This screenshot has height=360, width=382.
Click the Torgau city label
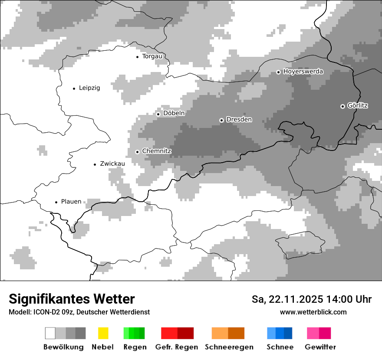tap(152, 56)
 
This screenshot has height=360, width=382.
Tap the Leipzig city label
tap(89, 88)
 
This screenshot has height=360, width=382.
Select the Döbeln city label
tap(174, 113)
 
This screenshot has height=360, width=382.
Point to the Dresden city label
tap(239, 120)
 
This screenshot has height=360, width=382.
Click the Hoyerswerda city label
tap(303, 72)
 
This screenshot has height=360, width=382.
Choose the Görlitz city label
tap(358, 105)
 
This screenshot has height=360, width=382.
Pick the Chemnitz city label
tap(157, 151)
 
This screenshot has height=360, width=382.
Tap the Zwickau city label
tap(112, 164)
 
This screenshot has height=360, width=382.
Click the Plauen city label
tap(71, 202)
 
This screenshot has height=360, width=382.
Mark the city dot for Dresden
tap(221, 120)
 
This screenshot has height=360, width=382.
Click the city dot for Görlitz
tap(342, 106)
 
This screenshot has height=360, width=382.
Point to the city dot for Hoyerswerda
tap(279, 72)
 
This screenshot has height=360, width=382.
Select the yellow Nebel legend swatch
tap(103, 333)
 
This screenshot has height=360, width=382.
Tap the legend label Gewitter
tap(320, 347)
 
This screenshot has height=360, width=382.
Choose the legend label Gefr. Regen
tap(176, 347)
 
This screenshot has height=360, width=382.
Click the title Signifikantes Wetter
tap(72, 299)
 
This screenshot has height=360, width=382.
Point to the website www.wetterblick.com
tap(313, 312)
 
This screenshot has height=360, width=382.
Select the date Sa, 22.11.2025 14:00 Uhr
tap(311, 299)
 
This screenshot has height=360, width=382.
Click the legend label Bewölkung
tap(63, 347)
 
